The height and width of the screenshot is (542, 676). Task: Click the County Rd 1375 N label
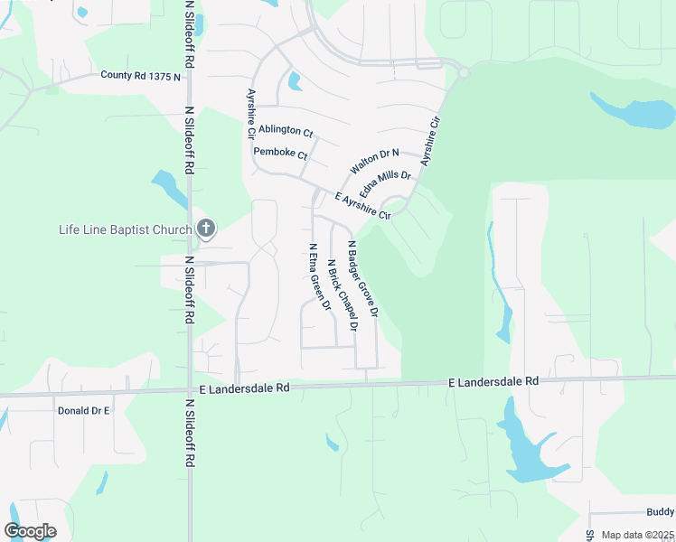pyautogui.click(x=140, y=76)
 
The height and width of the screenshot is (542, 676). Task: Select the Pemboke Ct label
pyautogui.click(x=281, y=154)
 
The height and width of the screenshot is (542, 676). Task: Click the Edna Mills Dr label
pyautogui.click(x=385, y=187)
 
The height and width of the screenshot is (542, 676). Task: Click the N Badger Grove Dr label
pyautogui.click(x=361, y=276)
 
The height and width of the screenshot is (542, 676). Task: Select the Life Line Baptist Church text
pyautogui.click(x=126, y=229)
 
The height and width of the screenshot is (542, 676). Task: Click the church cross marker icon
pyautogui.click(x=205, y=229)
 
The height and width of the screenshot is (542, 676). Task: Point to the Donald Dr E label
pyautogui.click(x=83, y=410)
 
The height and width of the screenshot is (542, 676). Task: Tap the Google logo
pyautogui.click(x=30, y=531)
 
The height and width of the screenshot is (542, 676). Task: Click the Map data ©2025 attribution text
pyautogui.click(x=638, y=535)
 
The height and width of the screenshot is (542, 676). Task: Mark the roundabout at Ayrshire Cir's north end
pyautogui.click(x=464, y=72)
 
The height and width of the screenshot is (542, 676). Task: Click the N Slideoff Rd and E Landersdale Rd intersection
pyautogui.click(x=189, y=391)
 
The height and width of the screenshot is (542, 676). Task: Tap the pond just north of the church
pyautogui.click(x=169, y=189)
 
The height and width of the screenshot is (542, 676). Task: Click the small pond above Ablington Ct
pyautogui.click(x=295, y=81)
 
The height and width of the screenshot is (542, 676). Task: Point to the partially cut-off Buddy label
pyautogui.click(x=660, y=511)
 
